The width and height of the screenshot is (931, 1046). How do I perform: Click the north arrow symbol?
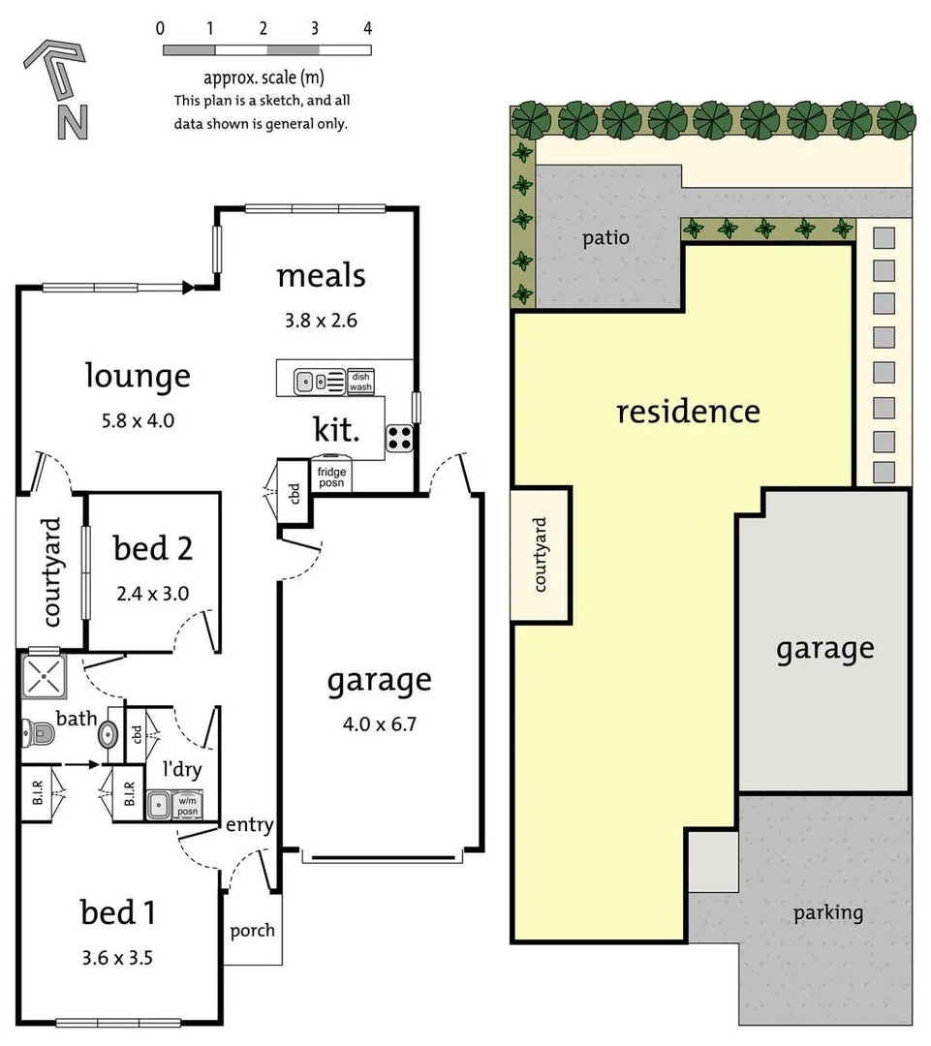point(59,87)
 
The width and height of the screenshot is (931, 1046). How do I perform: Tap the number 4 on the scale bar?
point(367,28)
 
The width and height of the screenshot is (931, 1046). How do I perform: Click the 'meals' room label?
point(321,276)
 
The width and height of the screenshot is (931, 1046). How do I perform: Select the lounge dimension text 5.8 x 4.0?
point(137,420)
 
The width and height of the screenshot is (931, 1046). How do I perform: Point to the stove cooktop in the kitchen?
point(398,438)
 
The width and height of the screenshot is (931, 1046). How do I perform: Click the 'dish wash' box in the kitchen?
point(360,382)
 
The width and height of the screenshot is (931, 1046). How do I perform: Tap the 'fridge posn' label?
point(331,477)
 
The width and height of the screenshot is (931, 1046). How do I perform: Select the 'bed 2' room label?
point(153,548)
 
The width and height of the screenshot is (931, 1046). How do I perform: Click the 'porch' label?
point(252,931)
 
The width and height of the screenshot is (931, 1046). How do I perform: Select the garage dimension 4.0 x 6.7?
point(378,723)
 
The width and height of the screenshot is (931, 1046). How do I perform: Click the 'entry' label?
point(249,825)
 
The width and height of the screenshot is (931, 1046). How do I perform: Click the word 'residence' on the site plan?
point(688,412)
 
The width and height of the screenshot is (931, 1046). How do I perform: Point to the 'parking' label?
point(827,912)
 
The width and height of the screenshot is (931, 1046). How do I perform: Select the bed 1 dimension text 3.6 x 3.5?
point(118,959)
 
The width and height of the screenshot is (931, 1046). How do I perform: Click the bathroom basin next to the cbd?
point(109,736)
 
